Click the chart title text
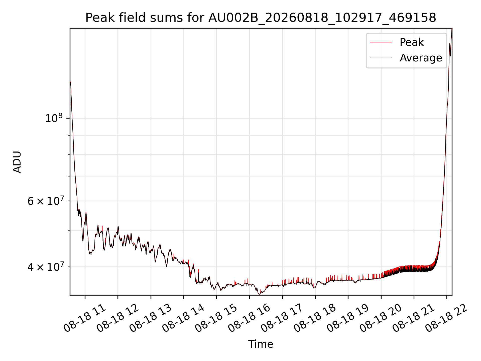click(261, 18)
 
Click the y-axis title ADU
click(17, 162)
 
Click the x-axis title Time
click(261, 344)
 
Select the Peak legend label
click(412, 42)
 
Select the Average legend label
click(421, 58)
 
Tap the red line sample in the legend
click(381, 42)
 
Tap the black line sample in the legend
click(381, 58)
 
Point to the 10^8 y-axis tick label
click(54, 118)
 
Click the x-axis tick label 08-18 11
click(85, 318)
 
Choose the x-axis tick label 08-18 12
click(117, 318)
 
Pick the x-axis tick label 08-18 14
click(183, 318)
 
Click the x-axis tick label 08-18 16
click(249, 318)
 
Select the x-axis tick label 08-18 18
click(315, 318)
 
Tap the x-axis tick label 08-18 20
click(381, 318)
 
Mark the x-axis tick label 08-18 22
click(447, 318)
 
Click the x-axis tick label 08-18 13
click(151, 318)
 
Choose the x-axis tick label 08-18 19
click(348, 318)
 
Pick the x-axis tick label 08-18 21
click(414, 318)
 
